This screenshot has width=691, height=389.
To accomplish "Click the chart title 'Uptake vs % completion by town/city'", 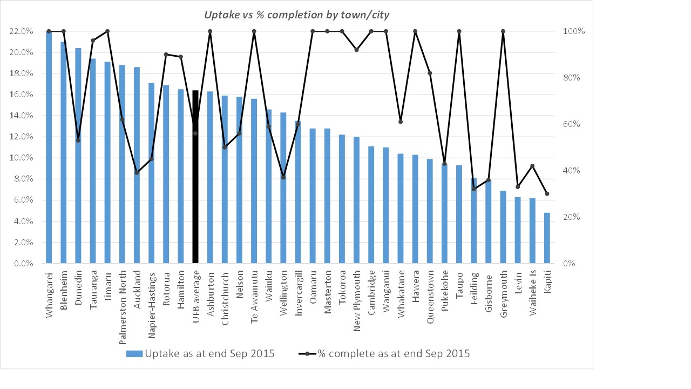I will point(296,15).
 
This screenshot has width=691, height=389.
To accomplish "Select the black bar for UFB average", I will point(195,178).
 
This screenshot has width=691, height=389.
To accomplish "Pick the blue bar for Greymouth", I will point(503,227).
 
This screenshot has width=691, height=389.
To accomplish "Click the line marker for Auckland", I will point(137,173).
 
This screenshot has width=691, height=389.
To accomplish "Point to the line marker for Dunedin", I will point(78,140).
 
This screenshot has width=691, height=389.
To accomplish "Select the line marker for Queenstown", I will point(430,73).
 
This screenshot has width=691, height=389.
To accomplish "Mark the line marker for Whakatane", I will point(401,122).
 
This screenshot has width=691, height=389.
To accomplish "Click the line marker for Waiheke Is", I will point(532,166).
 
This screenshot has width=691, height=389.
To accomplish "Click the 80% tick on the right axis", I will point(574,78).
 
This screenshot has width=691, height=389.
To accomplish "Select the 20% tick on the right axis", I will point(574,217).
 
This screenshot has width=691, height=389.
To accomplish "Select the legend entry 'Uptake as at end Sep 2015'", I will point(200,354).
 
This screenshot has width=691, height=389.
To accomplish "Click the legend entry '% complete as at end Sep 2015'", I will point(384,354).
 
